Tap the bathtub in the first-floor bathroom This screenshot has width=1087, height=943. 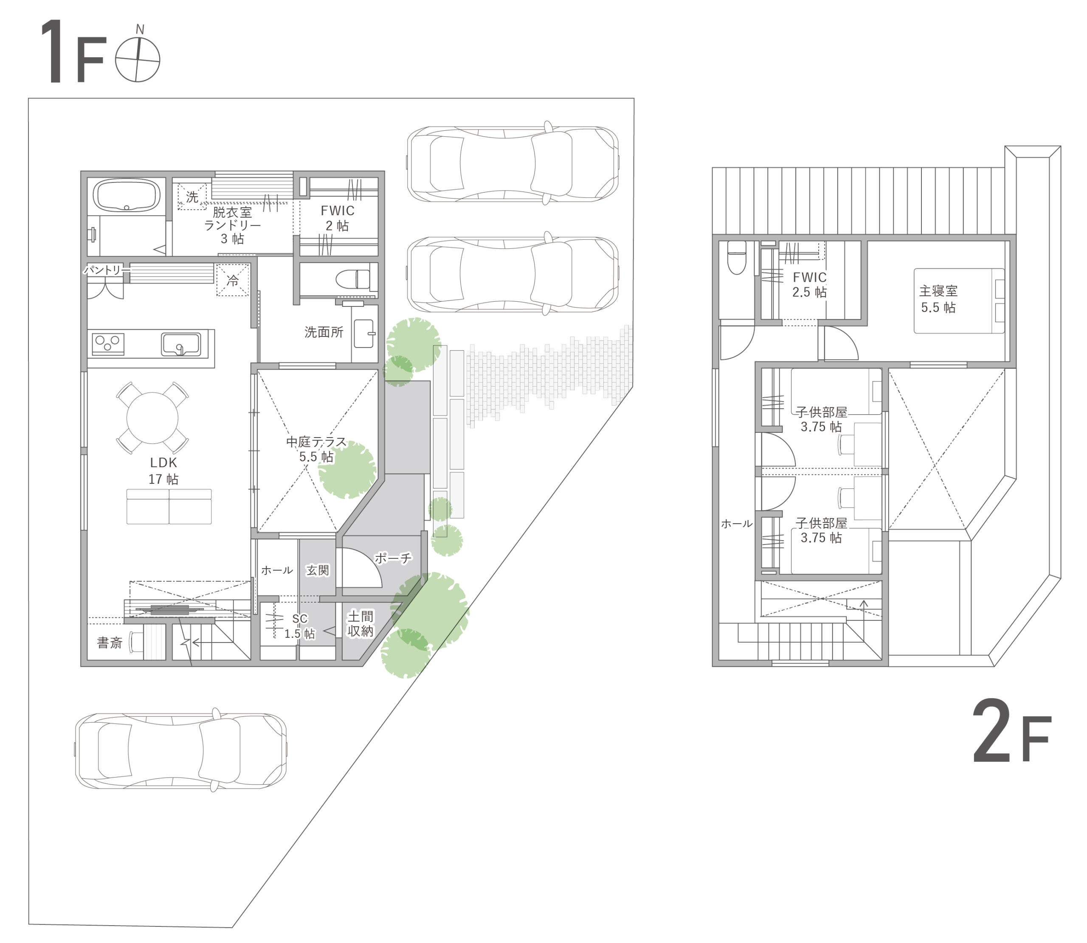127,195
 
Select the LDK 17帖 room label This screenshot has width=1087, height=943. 163,471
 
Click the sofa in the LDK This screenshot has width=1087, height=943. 169,506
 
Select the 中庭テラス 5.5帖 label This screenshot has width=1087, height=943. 316,449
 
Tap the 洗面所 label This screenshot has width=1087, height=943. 324,332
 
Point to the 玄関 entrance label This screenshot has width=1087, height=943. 318,570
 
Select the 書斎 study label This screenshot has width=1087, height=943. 110,643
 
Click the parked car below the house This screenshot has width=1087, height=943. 180,750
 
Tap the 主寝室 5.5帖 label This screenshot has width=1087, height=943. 938,299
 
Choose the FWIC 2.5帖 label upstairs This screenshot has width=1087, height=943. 810,285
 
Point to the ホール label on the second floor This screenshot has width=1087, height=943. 736,524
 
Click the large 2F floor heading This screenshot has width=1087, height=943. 1011,733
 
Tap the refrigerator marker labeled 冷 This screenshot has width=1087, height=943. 233,280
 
